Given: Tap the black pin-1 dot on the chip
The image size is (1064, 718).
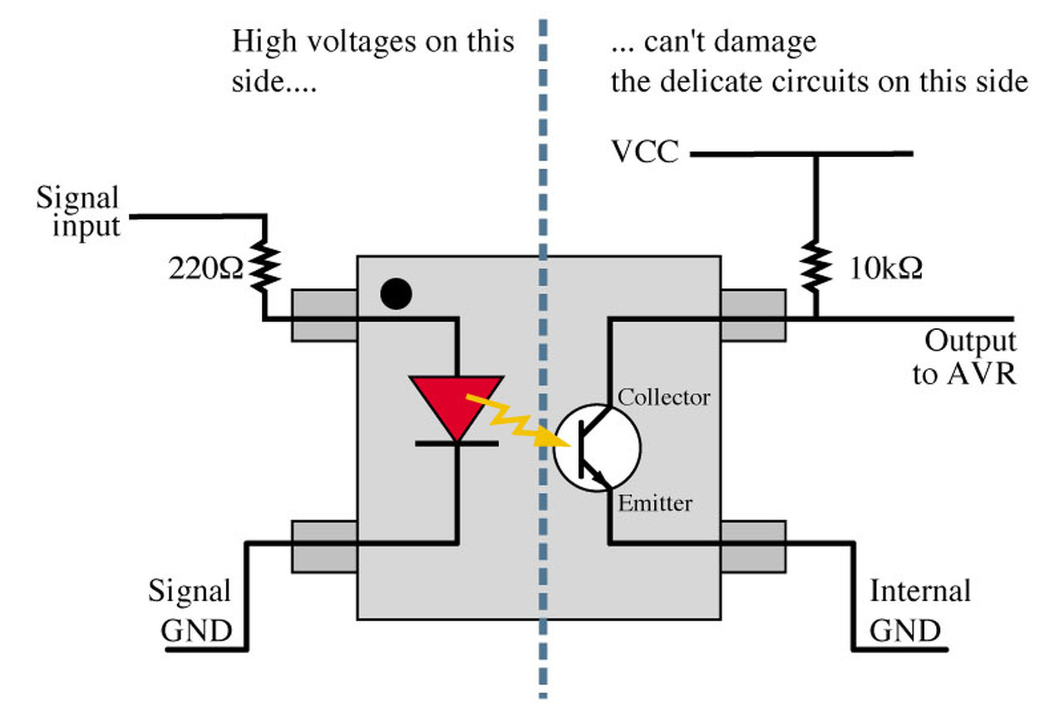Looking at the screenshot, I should [397, 294].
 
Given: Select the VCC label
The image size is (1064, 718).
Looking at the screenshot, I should [645, 154].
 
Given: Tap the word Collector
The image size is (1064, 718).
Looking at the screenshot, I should [664, 397].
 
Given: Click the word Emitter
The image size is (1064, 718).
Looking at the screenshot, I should [655, 503].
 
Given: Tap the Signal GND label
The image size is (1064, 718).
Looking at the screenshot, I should [190, 611].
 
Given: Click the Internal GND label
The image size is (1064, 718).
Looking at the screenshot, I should [919, 611].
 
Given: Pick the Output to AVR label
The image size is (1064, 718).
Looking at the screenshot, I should [965, 357].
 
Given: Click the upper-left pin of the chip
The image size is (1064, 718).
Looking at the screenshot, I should [324, 315].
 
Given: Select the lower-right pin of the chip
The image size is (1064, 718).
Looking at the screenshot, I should [753, 546].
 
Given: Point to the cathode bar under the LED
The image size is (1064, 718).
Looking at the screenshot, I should [456, 444].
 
